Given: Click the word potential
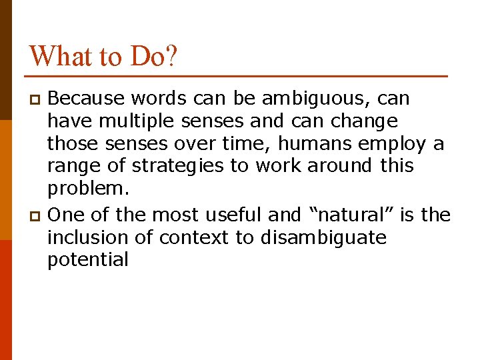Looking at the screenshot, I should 87,260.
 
